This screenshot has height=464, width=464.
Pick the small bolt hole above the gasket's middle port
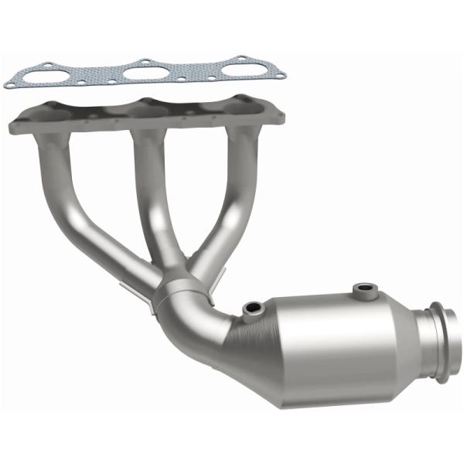143,60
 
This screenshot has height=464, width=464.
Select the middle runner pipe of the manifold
151,193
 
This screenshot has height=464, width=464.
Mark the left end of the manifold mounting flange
19,121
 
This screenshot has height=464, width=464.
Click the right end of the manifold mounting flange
275,114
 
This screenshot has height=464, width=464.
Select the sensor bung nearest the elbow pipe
253,309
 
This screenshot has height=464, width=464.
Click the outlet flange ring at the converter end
441,340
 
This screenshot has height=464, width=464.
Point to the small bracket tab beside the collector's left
130,288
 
